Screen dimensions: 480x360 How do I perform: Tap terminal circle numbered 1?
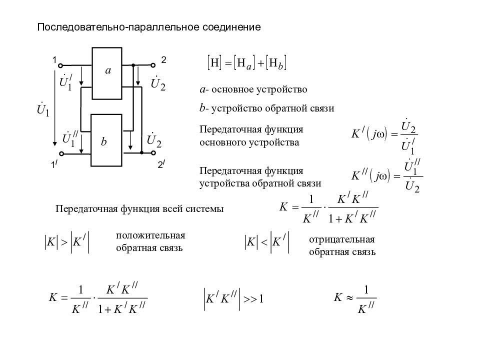click(60, 65)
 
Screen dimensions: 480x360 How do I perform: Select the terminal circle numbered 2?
click(153, 65)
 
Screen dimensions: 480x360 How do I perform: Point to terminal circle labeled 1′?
click(61, 153)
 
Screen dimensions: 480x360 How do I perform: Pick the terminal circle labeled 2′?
click(153, 153)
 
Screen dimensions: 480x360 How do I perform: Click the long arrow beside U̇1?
click(55, 108)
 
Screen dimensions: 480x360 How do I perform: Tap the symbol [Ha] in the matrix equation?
click(244, 63)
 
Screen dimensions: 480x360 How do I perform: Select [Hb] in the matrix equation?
click(276, 63)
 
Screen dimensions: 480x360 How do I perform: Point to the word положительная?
click(150, 235)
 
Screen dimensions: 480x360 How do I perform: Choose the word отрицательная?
click(342, 239)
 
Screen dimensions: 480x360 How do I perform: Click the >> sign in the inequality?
click(250, 299)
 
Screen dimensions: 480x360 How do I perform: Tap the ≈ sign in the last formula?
click(349, 297)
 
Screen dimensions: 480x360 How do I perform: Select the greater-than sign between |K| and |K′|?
click(64, 242)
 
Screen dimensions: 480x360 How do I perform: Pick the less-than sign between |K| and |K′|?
click(264, 242)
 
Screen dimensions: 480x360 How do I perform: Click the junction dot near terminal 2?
click(133, 65)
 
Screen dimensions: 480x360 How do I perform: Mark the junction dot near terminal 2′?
click(141, 152)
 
